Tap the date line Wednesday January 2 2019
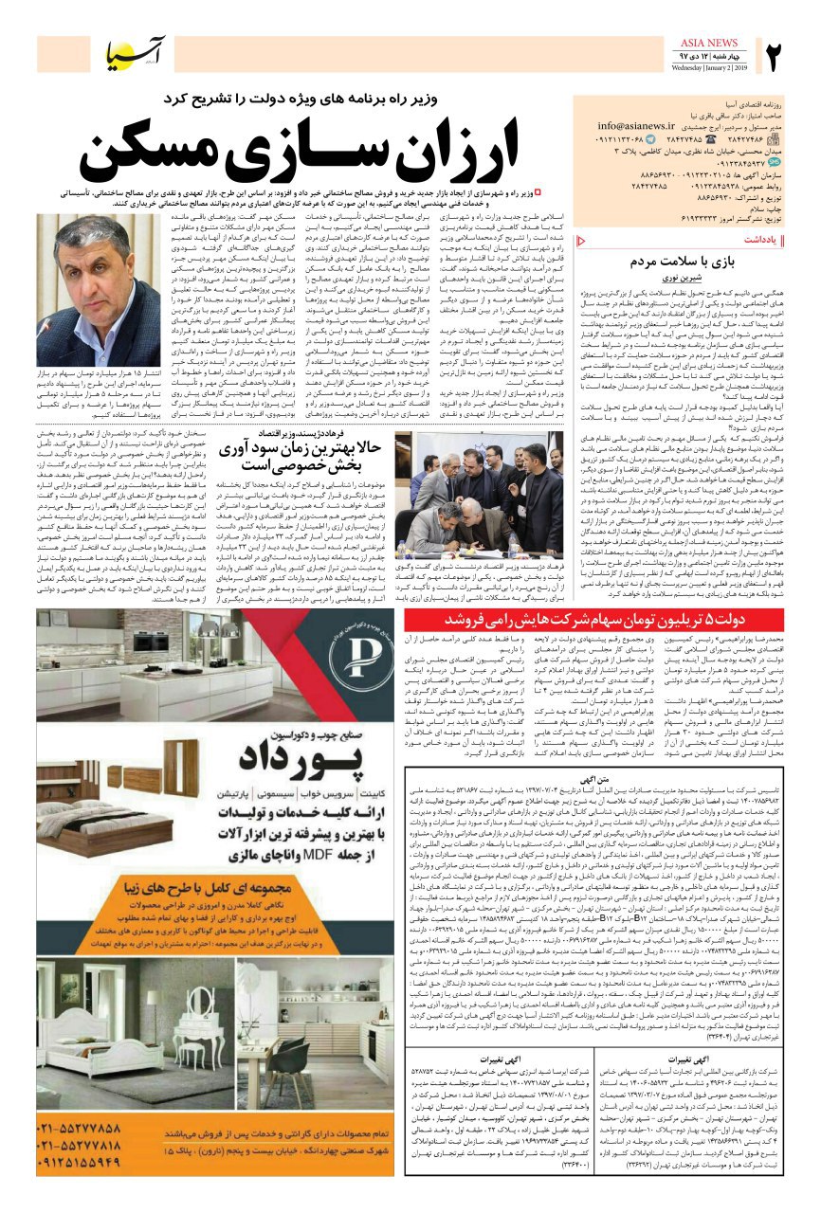pyautogui.click(x=710, y=68)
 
